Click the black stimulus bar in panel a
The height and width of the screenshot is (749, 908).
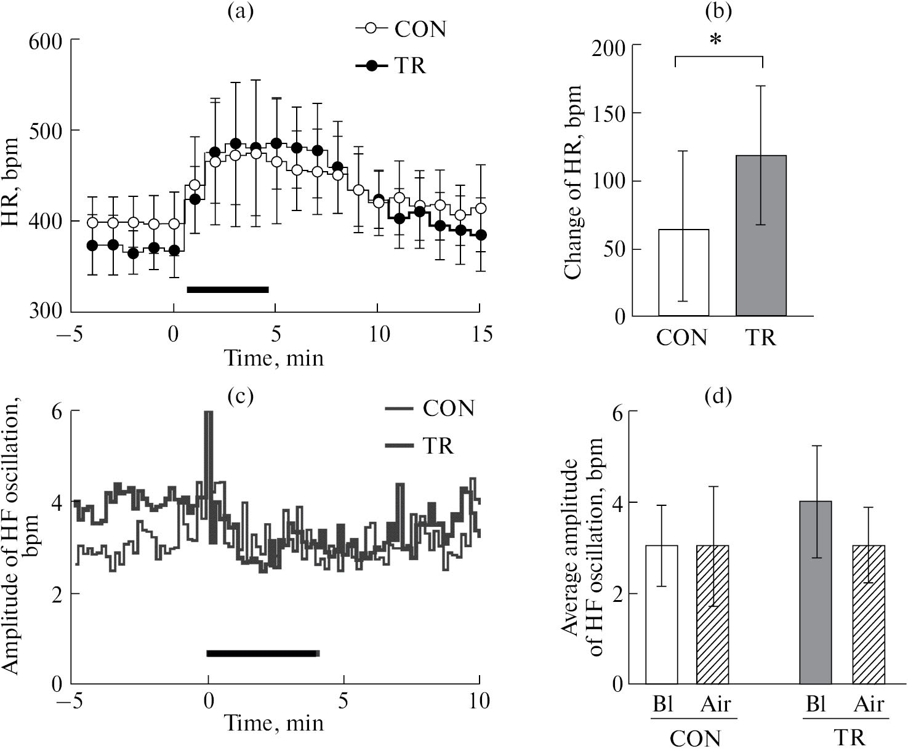coord(228,289)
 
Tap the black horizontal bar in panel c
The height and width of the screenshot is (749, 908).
coord(263,653)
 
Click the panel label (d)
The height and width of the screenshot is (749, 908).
coord(718,397)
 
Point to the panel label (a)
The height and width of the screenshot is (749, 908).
coord(240,12)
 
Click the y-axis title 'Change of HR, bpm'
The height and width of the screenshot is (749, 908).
coord(573,182)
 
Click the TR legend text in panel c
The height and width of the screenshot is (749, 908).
coord(438,445)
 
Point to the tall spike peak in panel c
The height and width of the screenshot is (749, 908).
coord(208,414)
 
